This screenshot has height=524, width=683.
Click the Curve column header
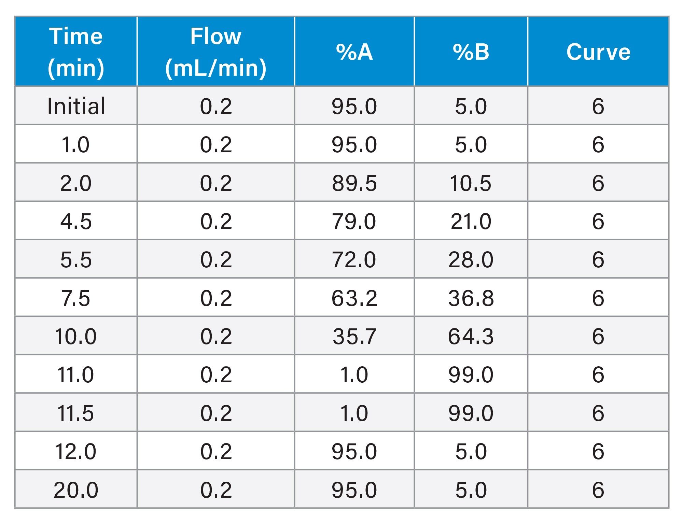click(x=598, y=52)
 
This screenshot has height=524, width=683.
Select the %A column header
click(x=354, y=52)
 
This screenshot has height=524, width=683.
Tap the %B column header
click(x=471, y=52)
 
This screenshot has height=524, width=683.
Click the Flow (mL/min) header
click(x=216, y=52)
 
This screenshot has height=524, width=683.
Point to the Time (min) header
click(x=76, y=52)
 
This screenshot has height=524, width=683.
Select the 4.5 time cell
click(x=76, y=221)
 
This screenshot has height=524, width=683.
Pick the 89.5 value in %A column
click(x=354, y=183)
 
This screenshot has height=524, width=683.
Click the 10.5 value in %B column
click(x=471, y=183)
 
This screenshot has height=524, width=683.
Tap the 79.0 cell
click(x=354, y=221)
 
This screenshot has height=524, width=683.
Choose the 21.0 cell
click(x=471, y=221)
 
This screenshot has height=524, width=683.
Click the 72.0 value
click(x=354, y=259)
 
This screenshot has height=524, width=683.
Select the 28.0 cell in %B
click(x=471, y=259)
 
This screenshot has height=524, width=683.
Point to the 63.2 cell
click(x=354, y=298)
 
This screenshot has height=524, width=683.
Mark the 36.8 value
click(x=471, y=298)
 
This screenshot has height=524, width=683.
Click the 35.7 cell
click(x=354, y=336)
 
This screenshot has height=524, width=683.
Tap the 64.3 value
click(x=471, y=336)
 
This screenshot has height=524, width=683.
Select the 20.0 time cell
click(x=76, y=490)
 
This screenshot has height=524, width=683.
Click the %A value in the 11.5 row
click(x=354, y=413)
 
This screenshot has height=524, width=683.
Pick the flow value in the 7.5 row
click(x=216, y=298)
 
